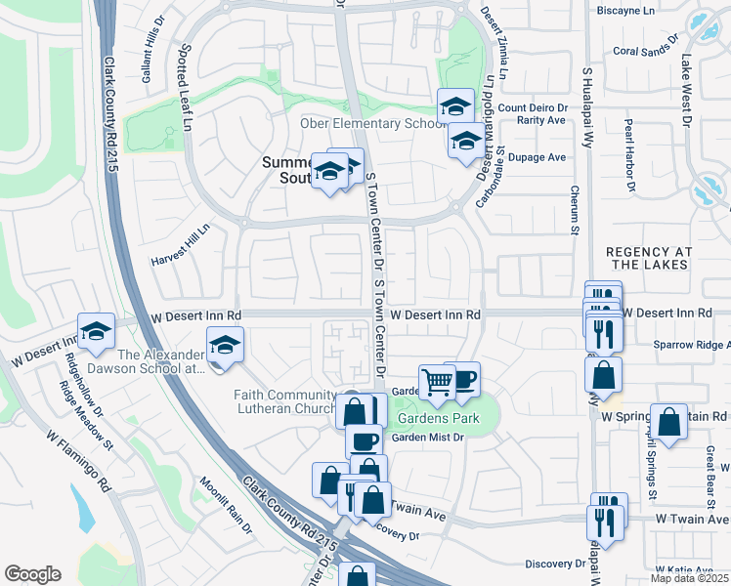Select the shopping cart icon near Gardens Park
tap(437, 382)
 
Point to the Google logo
tap(32, 574)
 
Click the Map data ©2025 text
tap(690, 578)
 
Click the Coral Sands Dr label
tap(644, 48)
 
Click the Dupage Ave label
tap(542, 157)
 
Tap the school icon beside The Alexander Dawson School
tap(225, 346)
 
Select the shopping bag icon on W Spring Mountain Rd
tap(669, 423)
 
